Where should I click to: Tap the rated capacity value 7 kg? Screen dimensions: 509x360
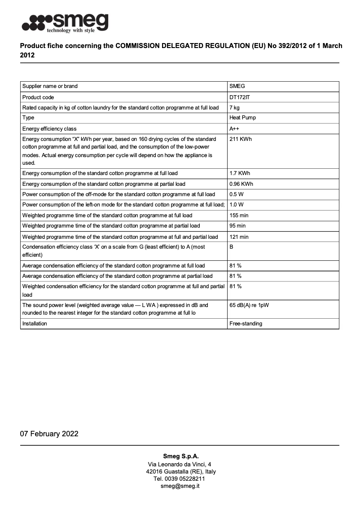(x=234, y=108)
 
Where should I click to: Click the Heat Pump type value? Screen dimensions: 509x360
(x=243, y=118)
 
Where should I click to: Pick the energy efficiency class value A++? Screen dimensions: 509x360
(x=234, y=129)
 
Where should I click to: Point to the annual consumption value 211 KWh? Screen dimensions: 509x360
(x=241, y=139)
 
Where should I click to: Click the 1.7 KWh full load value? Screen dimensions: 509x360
(x=240, y=173)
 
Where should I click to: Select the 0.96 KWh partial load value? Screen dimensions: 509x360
(x=241, y=184)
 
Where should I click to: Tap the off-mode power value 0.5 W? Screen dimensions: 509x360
(x=236, y=194)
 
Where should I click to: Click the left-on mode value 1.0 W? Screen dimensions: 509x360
(x=236, y=205)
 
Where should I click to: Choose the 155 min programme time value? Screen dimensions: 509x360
(x=239, y=215)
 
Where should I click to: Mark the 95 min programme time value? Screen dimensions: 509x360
(x=237, y=226)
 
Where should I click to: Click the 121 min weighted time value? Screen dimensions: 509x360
(x=239, y=237)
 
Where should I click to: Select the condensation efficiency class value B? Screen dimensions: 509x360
(x=231, y=247)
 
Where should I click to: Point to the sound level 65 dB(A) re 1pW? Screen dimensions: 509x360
(x=249, y=305)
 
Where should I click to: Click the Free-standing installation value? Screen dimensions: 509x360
(x=246, y=324)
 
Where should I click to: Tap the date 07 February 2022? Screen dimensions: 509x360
(x=49, y=434)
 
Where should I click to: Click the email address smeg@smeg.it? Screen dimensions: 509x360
(x=180, y=486)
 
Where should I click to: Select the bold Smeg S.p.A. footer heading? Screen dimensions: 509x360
(x=180, y=456)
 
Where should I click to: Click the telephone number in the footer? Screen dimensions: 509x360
(x=180, y=479)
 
